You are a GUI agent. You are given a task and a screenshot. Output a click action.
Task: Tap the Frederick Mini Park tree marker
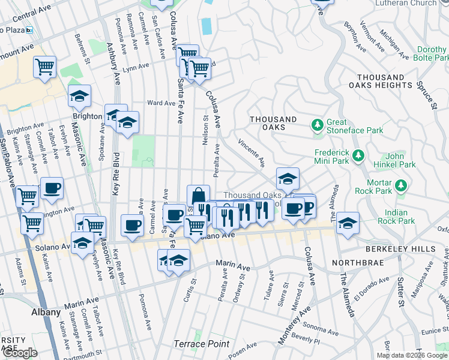pyautogui.click(x=358, y=156)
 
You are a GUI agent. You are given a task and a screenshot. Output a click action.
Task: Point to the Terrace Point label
pyautogui.click(x=202, y=344)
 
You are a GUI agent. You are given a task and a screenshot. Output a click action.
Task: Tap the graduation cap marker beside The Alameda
pyautogui.click(x=348, y=223)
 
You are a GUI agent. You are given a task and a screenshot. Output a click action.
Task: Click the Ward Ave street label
pyautogui.click(x=161, y=103)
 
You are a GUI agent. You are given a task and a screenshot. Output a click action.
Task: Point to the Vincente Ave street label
pyautogui.click(x=252, y=153)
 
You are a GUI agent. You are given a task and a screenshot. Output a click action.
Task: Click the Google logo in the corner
pyautogui.click(x=19, y=353)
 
